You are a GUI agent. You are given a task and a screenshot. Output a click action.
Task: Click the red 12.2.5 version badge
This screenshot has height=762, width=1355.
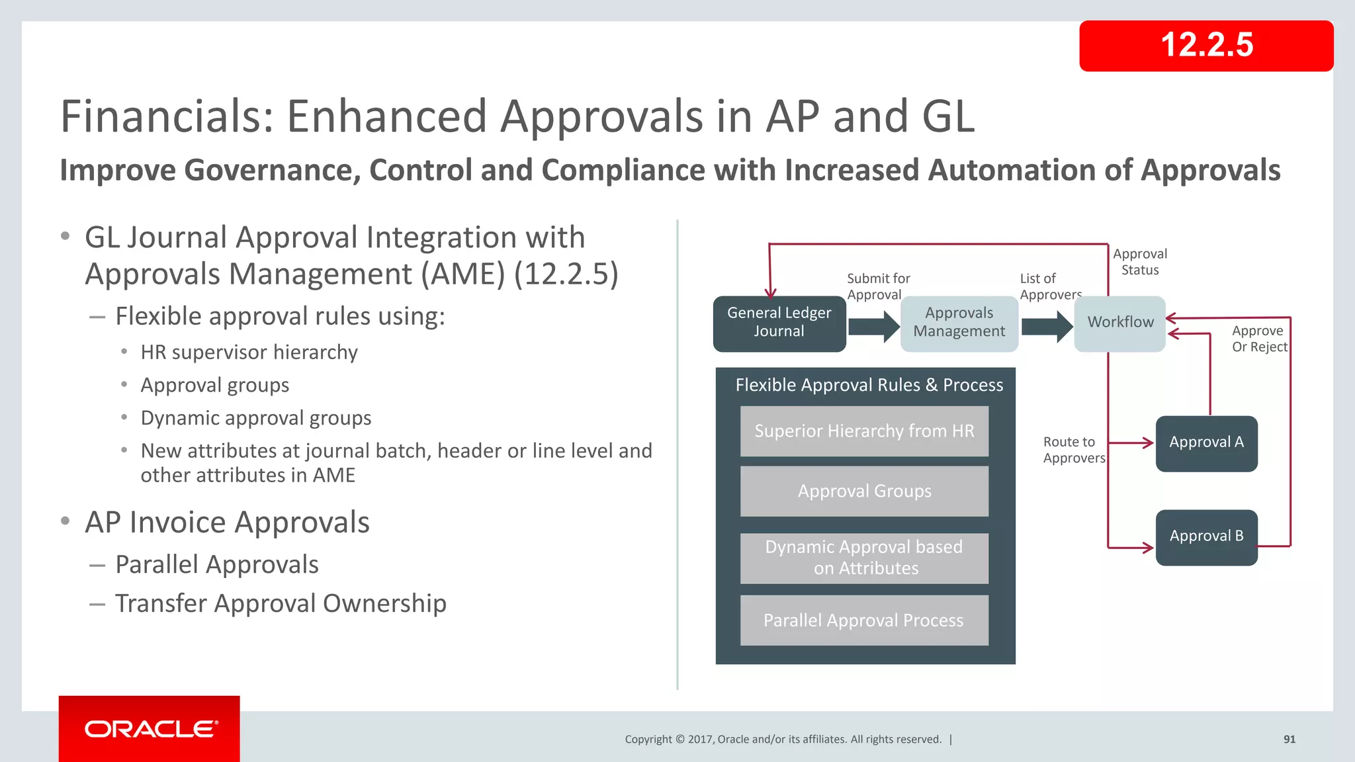point(1205,46)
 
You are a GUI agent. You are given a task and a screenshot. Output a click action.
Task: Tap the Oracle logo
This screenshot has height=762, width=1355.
point(150,729)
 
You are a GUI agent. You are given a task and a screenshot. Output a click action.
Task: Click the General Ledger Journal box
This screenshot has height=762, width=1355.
point(779,323)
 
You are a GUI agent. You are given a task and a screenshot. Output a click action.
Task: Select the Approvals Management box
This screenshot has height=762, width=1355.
point(959,323)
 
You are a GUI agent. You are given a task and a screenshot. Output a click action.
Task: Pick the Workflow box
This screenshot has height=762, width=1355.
point(1119,323)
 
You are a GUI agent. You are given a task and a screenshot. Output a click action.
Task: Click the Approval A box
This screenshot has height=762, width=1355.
point(1206,443)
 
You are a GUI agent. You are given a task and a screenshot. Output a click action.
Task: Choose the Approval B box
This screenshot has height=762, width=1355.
point(1206,537)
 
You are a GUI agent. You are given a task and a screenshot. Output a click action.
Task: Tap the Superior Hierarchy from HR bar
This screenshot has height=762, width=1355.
point(864,431)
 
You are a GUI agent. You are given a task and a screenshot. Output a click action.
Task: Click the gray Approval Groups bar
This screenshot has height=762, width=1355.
point(864,491)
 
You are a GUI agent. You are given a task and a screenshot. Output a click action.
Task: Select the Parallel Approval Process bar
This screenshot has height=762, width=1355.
point(864,620)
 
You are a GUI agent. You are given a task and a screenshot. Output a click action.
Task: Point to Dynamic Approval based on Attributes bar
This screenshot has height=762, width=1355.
point(864,558)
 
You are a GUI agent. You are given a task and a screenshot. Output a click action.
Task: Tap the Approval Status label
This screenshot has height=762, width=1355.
point(1139,262)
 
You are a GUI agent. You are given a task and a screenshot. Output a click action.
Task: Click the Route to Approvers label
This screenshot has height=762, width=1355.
point(1073,450)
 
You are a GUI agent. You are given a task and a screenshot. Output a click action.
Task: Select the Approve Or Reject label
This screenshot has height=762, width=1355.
point(1258,339)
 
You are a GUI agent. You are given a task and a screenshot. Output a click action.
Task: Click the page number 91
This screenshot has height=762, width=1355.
point(1289,740)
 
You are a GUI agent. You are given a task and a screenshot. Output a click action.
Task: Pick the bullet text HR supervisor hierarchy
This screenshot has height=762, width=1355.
point(249,353)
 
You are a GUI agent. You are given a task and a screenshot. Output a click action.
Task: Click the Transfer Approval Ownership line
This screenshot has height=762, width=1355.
point(281,604)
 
